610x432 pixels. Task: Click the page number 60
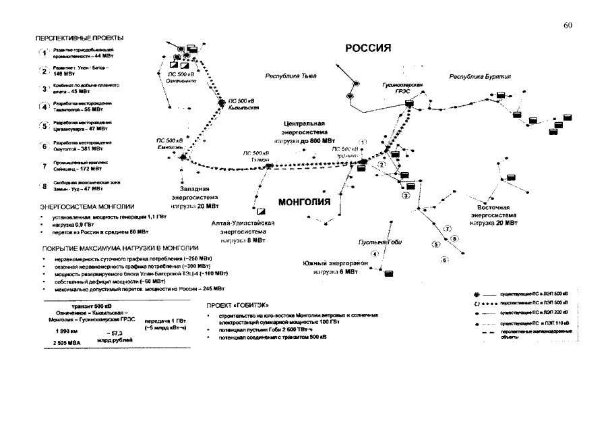[567, 26]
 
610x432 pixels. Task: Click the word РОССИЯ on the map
[368, 49]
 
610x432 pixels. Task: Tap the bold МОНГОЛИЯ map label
[304, 202]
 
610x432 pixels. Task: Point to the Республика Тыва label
[291, 76]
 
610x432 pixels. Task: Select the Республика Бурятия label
[480, 77]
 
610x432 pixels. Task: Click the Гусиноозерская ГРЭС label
[402, 88]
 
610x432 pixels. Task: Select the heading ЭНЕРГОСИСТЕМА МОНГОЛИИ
[88, 206]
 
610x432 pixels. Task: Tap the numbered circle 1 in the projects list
[44, 53]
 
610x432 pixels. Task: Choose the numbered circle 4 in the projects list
[44, 107]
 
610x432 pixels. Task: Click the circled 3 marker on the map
[406, 196]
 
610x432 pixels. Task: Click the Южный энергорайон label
[330, 267]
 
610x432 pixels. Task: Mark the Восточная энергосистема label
[495, 215]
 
